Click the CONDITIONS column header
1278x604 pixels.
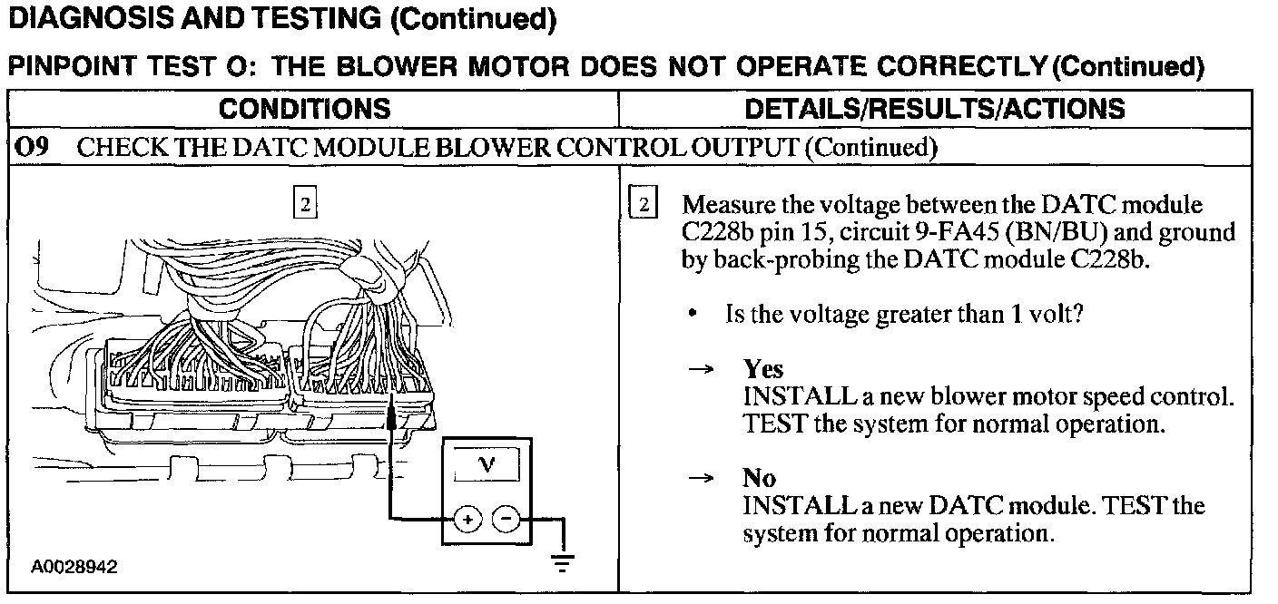[x=305, y=110]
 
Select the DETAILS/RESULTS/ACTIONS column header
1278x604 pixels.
[x=934, y=110]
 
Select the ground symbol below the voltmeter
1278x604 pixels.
[x=564, y=566]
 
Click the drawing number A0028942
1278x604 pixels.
[x=74, y=568]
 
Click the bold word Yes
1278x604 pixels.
[x=763, y=369]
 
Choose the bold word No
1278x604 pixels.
[x=759, y=478]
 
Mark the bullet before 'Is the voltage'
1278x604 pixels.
[x=693, y=315]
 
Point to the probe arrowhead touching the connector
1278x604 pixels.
[x=391, y=414]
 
